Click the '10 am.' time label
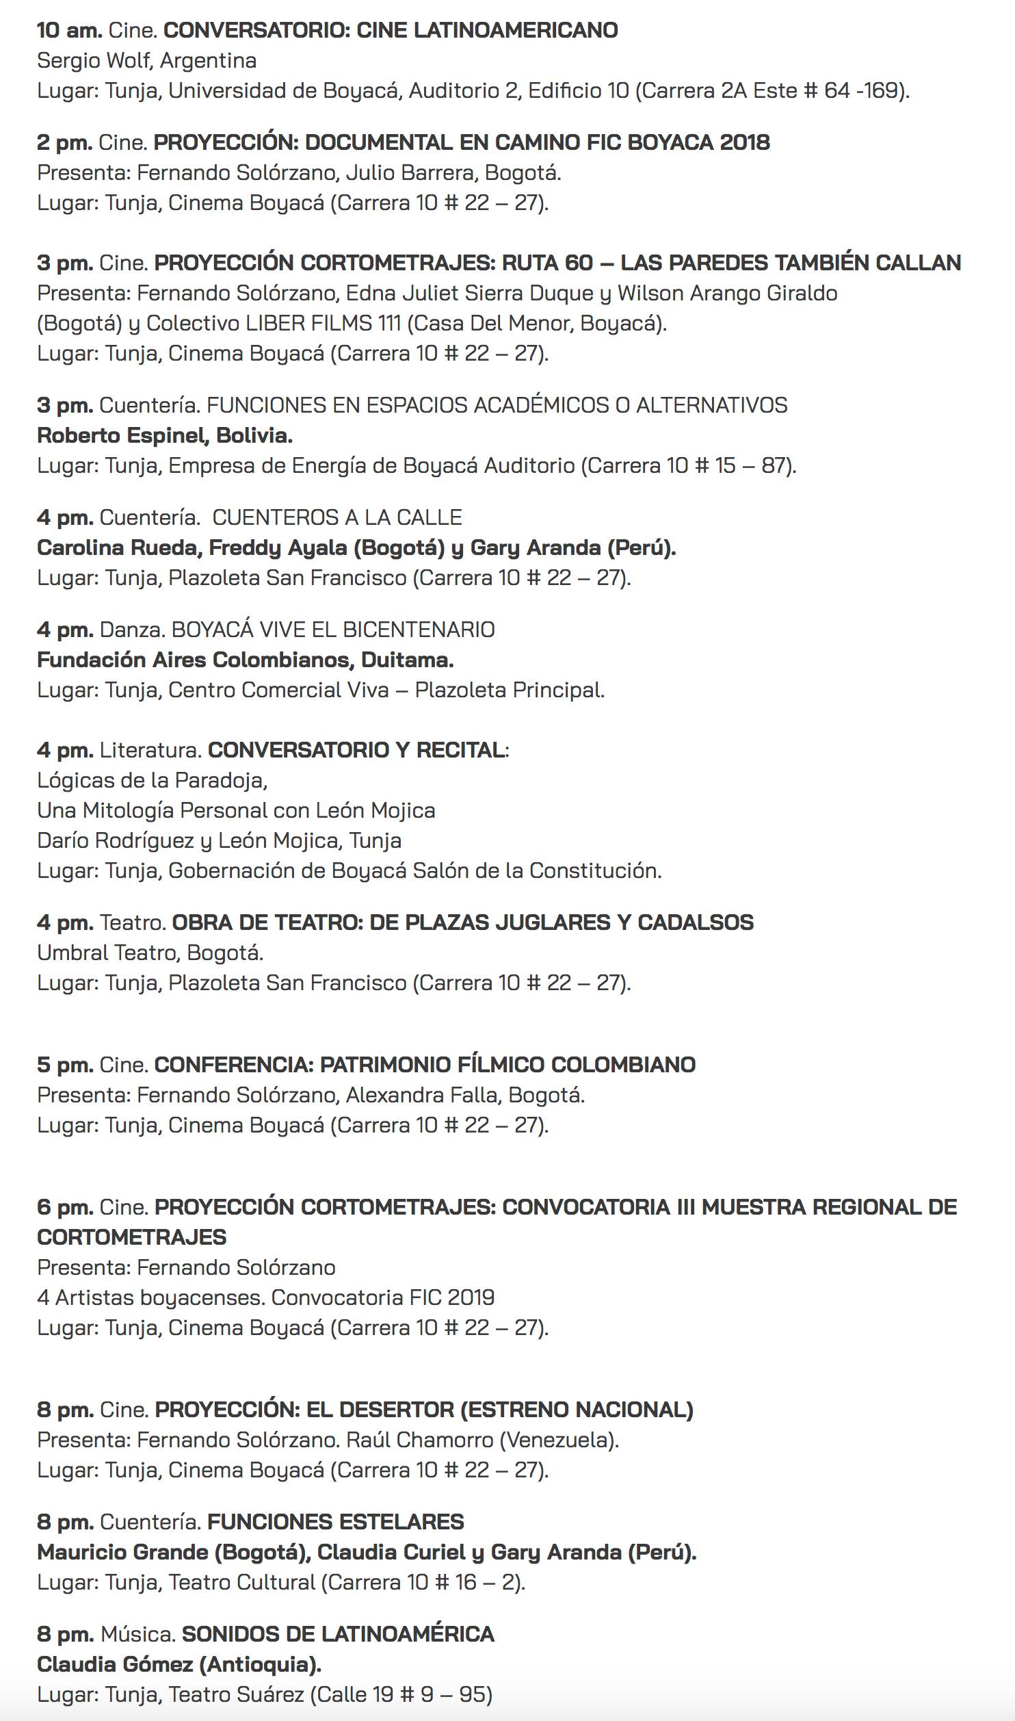click(x=70, y=31)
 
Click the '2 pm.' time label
click(x=64, y=143)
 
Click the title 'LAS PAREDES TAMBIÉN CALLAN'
click(x=791, y=263)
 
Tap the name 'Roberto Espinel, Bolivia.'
click(x=165, y=435)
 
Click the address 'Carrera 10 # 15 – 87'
click(x=688, y=466)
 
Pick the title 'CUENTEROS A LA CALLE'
click(x=337, y=517)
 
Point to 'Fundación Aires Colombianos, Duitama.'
click(x=245, y=660)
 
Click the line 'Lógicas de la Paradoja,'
click(x=152, y=780)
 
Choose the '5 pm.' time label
click(x=65, y=1065)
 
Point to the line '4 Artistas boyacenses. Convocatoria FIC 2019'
click(x=265, y=1297)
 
